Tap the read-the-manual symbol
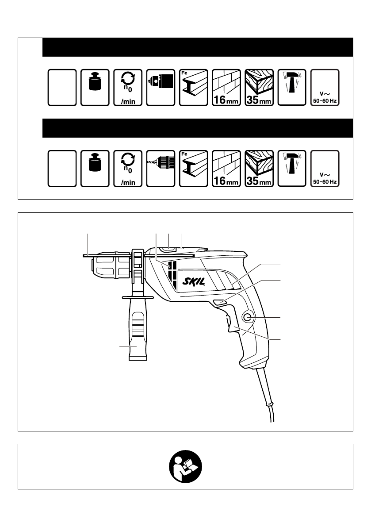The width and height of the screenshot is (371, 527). click(x=185, y=466)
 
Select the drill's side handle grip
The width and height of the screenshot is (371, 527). click(x=137, y=334)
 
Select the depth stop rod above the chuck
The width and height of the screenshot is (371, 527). click(x=111, y=255)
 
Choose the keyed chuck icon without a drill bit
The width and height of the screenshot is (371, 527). click(x=160, y=87)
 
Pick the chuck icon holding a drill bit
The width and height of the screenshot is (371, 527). click(x=160, y=168)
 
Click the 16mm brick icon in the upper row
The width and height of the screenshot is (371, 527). click(x=226, y=87)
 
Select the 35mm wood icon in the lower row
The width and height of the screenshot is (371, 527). click(x=259, y=168)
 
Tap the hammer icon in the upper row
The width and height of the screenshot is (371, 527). click(x=292, y=87)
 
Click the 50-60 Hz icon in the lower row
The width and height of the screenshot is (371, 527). click(x=325, y=168)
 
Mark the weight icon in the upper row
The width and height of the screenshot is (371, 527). click(x=95, y=87)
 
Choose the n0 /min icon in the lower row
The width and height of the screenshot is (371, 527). click(x=128, y=168)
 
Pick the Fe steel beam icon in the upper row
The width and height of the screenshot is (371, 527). click(x=193, y=87)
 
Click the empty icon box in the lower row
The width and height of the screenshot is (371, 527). click(x=62, y=168)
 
